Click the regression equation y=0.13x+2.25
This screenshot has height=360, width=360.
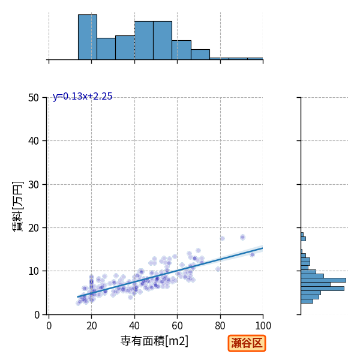pos(82,97)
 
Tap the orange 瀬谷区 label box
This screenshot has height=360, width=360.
pos(247,343)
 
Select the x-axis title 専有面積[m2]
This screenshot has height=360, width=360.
pos(154,341)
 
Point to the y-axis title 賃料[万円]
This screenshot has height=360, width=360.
pos(17,206)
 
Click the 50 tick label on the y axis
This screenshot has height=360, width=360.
pos(34,98)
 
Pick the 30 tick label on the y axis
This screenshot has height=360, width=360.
pos(34,185)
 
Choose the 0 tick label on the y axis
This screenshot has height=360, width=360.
pos(37,315)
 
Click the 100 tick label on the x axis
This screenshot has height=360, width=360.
pos(263,326)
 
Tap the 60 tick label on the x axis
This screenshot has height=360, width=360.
pos(177,326)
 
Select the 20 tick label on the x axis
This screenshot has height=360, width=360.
pos(92,326)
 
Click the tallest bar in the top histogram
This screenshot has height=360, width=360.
pos(88,37)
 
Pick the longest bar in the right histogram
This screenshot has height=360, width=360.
pos(323,280)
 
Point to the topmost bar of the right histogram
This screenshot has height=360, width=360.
pos(302,235)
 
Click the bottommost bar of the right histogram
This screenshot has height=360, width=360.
pos(307,301)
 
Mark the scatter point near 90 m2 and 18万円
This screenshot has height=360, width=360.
pos(242,237)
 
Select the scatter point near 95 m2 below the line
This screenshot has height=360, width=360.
pos(253,254)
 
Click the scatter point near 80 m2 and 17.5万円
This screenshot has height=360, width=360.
pos(222,239)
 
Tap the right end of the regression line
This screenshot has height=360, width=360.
pos(263,248)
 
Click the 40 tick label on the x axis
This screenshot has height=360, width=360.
pos(134,326)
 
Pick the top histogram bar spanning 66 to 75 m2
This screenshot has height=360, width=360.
pos(200,55)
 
